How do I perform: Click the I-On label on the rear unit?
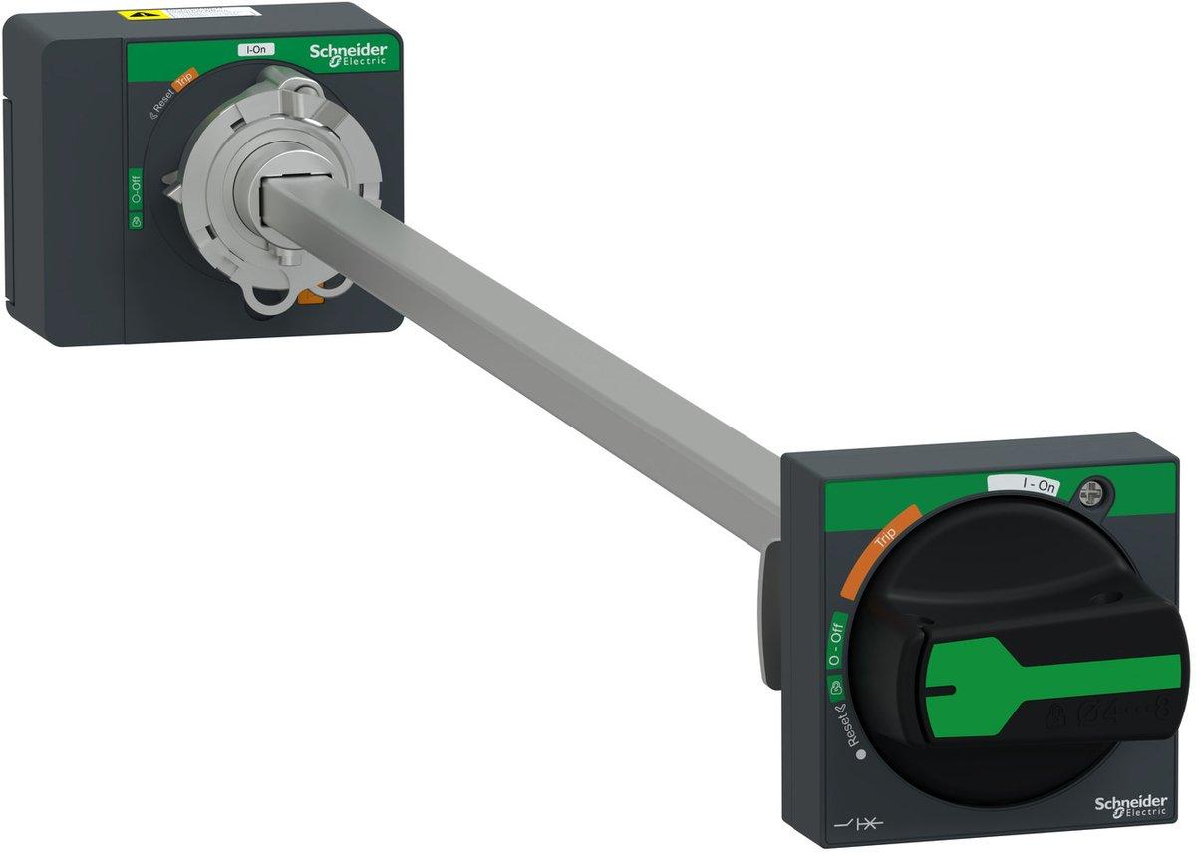coord(256,49)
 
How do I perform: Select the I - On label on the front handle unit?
coord(1024,485)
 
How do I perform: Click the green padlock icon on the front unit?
coord(834,687)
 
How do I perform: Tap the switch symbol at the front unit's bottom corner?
coord(854,822)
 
